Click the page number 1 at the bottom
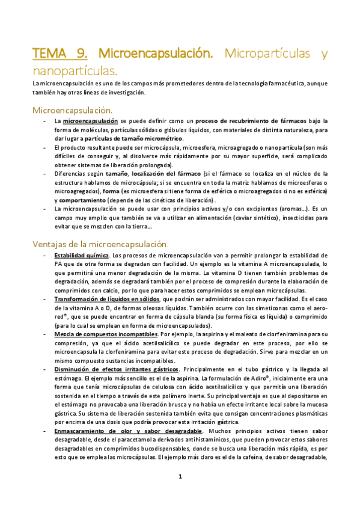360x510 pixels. pyautogui.click(x=180, y=476)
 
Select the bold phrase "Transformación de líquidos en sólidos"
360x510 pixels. pyautogui.click(x=107, y=299)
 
